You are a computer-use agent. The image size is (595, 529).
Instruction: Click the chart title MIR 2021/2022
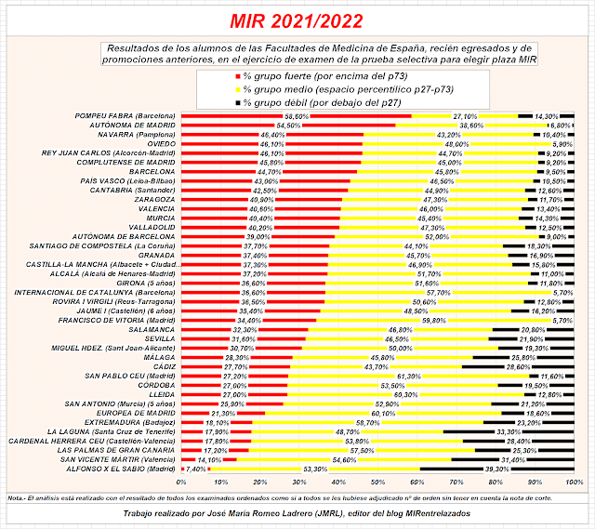(x=297, y=20)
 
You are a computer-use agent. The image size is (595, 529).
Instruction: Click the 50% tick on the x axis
(x=378, y=482)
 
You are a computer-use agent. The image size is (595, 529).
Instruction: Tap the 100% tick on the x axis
(x=575, y=482)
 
